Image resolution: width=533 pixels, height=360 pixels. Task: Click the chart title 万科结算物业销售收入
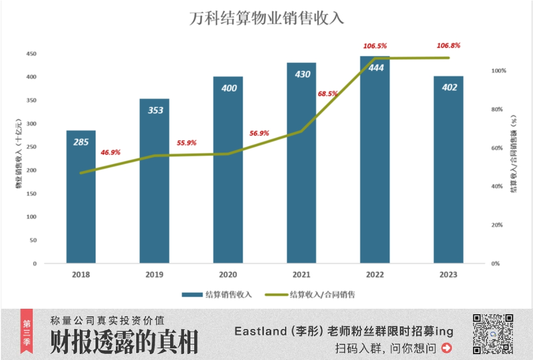267,18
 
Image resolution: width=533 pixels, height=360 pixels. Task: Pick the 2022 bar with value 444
375,160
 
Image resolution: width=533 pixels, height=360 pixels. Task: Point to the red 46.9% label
110,152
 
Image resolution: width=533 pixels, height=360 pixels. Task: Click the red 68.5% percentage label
327,94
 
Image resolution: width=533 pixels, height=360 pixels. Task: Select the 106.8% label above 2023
449,46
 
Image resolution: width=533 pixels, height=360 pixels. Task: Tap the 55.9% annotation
186,143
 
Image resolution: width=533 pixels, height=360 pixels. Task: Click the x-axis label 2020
228,275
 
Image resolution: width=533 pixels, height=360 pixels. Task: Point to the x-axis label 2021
302,275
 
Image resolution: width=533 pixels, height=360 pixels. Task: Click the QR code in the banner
493,334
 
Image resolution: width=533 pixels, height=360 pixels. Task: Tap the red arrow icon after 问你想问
447,348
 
